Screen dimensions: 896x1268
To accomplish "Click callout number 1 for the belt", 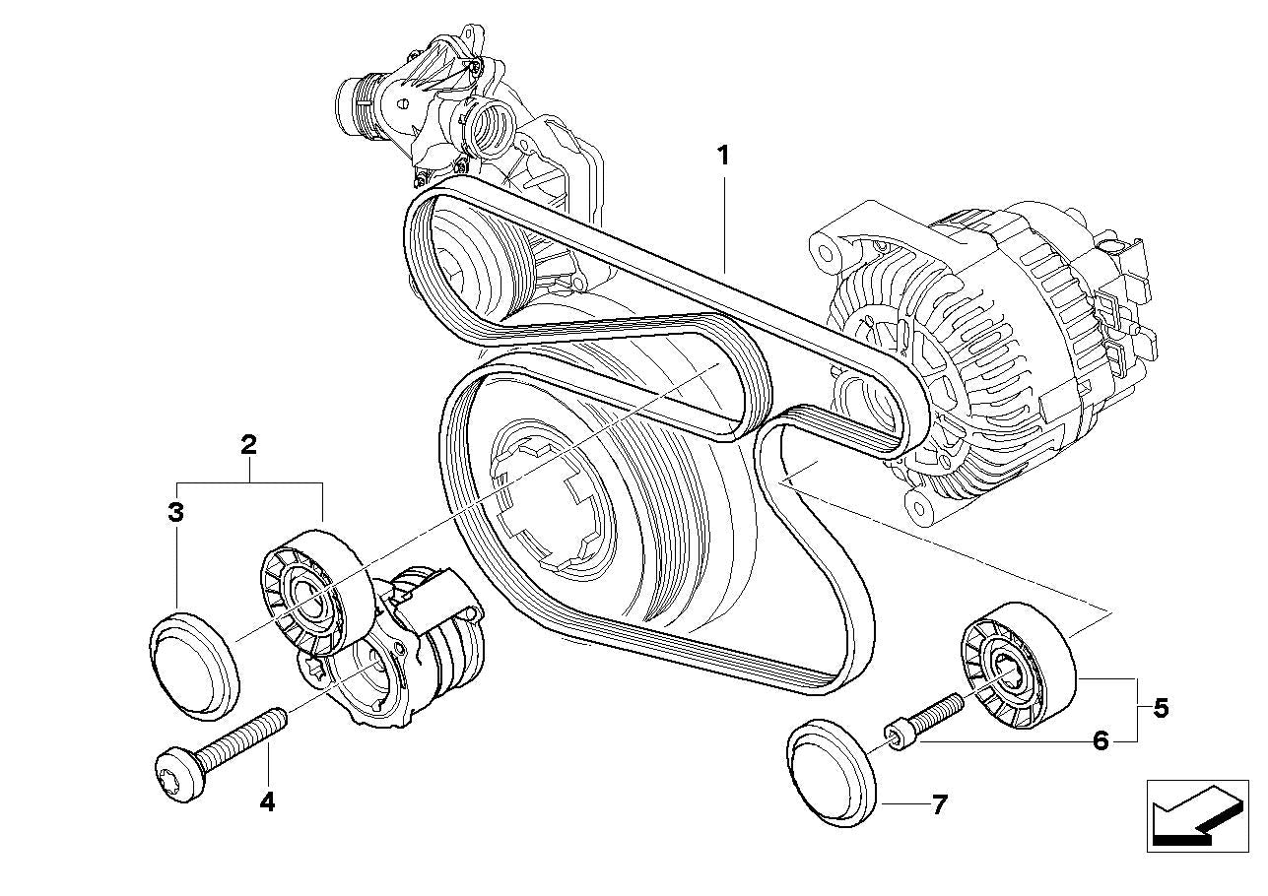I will [x=723, y=156].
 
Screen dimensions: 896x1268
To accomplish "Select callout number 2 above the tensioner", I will [x=249, y=444].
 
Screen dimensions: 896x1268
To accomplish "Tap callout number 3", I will [x=175, y=513].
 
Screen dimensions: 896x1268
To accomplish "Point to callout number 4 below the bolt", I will [x=267, y=802].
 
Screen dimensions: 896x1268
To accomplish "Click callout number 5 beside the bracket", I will [x=1161, y=708].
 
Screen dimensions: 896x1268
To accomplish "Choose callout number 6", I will [x=1101, y=740].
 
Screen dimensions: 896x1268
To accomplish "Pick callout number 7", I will [x=939, y=805].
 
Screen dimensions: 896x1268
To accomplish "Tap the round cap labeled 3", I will [x=195, y=661].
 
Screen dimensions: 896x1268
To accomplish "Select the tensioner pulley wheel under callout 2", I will [x=310, y=597].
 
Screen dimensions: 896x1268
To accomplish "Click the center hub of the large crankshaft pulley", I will [x=552, y=502].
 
